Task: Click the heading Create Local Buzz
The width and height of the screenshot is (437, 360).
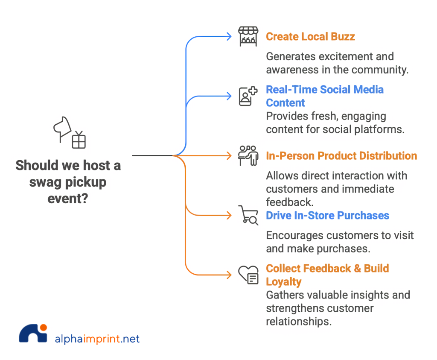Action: click(x=310, y=36)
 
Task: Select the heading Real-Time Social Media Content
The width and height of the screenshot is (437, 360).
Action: click(x=324, y=96)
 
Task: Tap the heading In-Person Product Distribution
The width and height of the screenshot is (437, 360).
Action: click(x=341, y=155)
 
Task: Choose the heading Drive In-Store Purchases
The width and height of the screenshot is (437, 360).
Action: click(x=327, y=215)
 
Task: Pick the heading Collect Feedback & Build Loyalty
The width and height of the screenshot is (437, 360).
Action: click(x=327, y=275)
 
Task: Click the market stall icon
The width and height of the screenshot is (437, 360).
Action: click(x=248, y=37)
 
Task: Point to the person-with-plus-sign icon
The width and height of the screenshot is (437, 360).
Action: click(x=248, y=96)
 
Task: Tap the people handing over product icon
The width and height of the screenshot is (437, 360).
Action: click(x=248, y=155)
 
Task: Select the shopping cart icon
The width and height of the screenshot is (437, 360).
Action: click(x=248, y=215)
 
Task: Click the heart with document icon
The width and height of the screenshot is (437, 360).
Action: click(x=248, y=275)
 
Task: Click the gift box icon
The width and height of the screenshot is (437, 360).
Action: click(x=79, y=140)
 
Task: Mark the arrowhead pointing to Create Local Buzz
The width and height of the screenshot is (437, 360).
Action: click(x=230, y=37)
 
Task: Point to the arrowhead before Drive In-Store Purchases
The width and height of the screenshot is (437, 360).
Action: click(x=230, y=215)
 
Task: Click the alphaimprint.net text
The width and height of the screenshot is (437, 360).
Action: click(x=97, y=339)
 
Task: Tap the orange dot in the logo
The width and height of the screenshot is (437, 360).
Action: click(x=43, y=328)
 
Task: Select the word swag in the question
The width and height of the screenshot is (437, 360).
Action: click(x=44, y=182)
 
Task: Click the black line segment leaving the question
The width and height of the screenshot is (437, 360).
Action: click(x=151, y=155)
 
